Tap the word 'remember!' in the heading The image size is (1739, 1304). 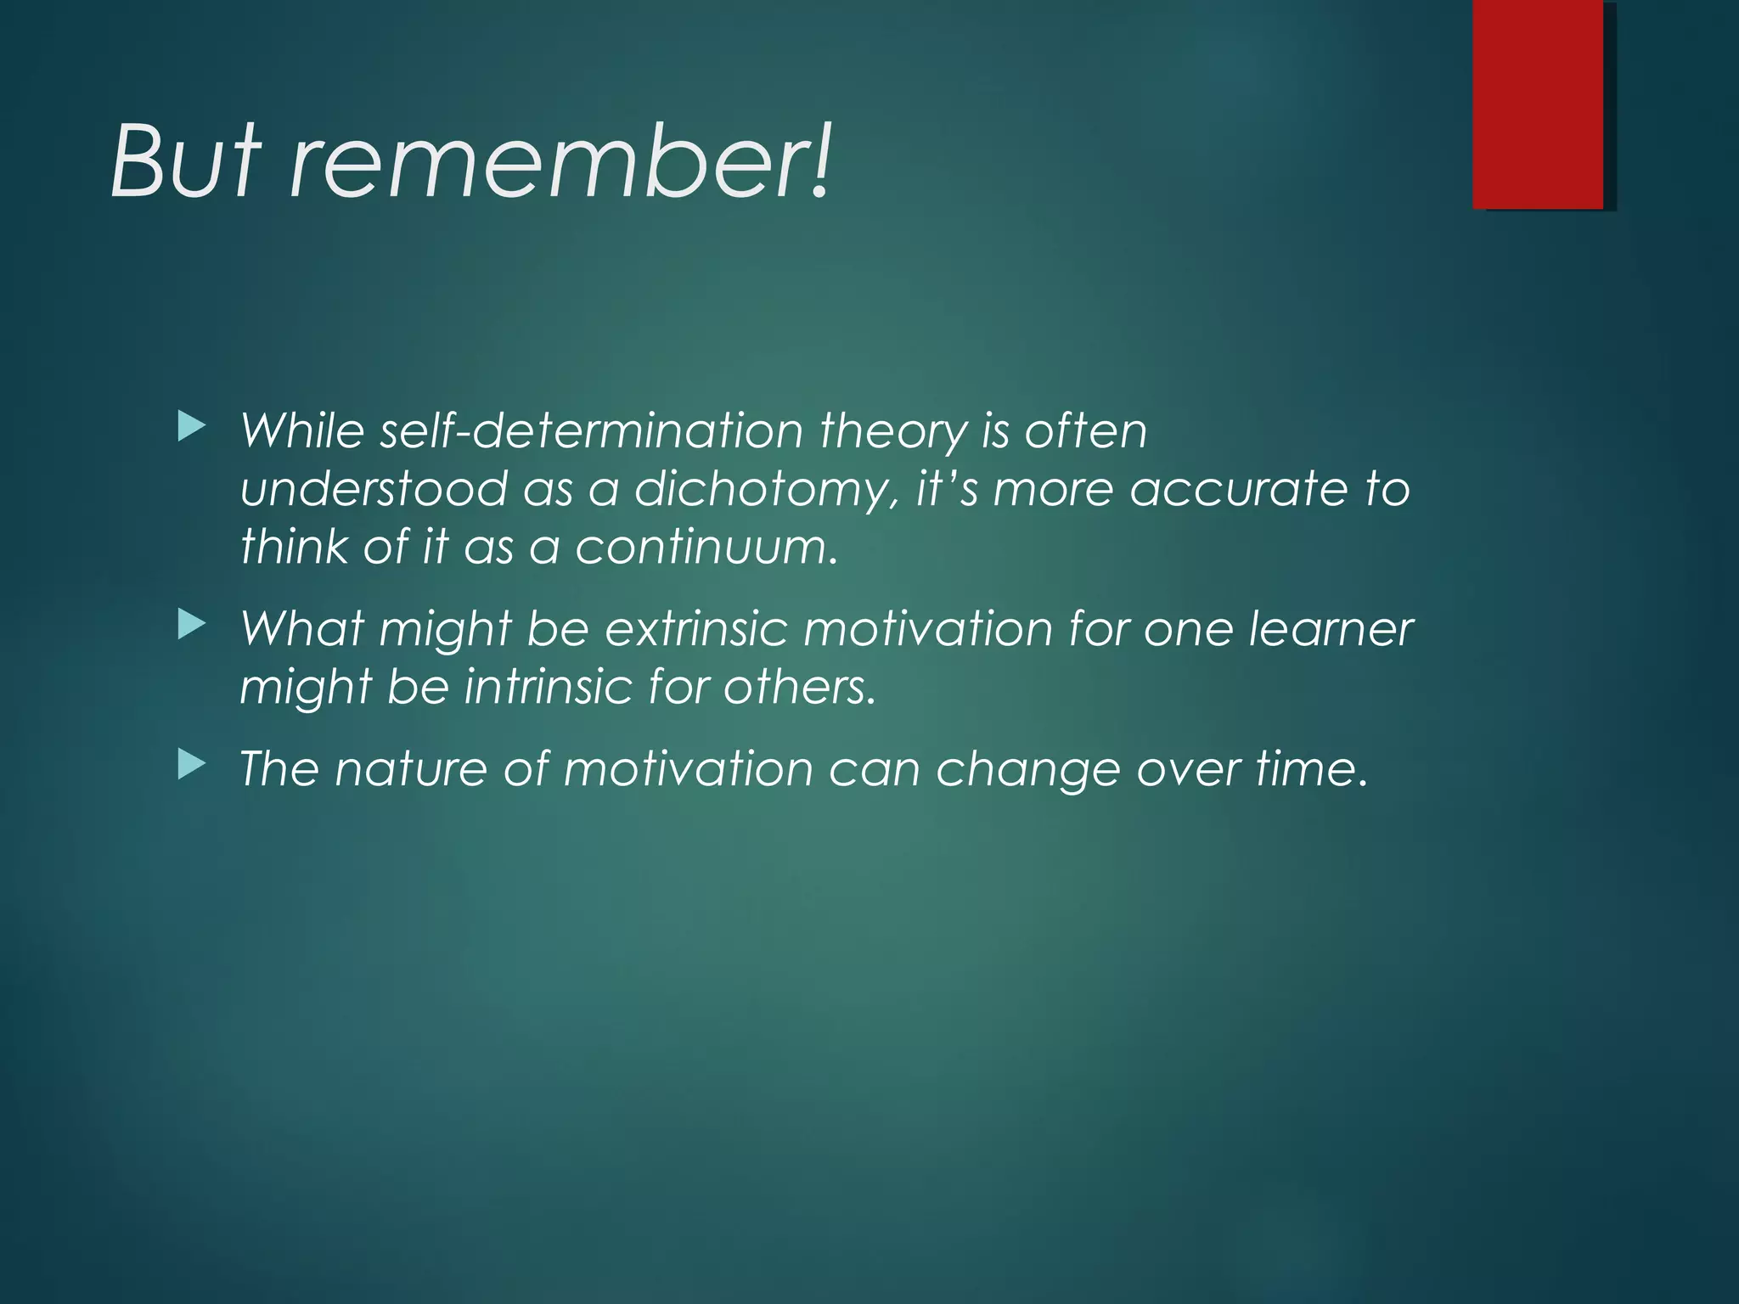[x=560, y=161]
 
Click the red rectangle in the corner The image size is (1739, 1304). [x=1538, y=104]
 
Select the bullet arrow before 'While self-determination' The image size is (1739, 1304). [x=192, y=427]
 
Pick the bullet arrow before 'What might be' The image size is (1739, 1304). [x=192, y=626]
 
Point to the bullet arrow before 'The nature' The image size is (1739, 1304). [x=192, y=766]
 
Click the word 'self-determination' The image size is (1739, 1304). [x=591, y=431]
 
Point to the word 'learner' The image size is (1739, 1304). [x=1331, y=630]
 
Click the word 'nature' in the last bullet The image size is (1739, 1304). [x=411, y=770]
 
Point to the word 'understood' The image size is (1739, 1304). [x=374, y=490]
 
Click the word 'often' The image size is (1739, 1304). [x=1086, y=431]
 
